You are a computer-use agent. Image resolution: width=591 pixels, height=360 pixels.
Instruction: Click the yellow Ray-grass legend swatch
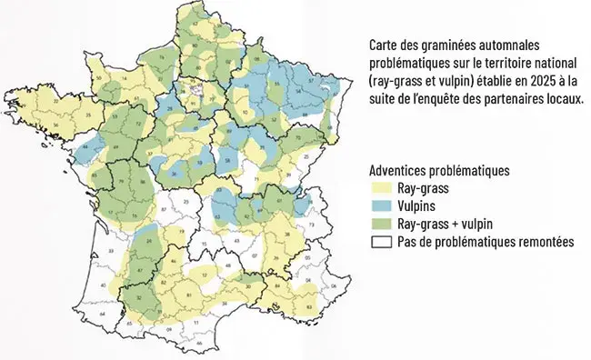coord(383,190)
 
